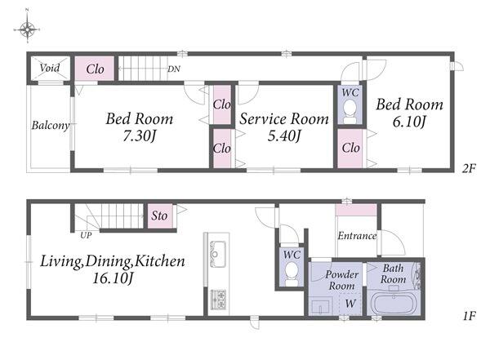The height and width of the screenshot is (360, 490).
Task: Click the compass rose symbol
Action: pos(27,29)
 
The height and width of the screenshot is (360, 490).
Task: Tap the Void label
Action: pos(50,68)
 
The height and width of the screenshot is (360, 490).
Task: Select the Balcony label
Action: pos(51,126)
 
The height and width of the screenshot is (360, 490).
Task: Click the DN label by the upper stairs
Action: pos(174,69)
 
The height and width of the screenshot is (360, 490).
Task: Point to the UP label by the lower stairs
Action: pos(86,235)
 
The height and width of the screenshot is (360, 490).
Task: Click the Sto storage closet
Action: pos(160,216)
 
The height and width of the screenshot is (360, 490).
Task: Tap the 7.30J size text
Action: pos(140,136)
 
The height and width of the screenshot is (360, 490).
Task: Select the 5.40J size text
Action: pos(284,136)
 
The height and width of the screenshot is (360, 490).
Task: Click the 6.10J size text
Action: pos(409,122)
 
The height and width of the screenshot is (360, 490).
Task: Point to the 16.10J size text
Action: pos(114,278)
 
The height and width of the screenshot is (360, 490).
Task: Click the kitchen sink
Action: pos(218,254)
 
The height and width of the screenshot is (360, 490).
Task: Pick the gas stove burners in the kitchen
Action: pos(218,300)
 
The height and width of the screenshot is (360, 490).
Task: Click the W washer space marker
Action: pos(350,303)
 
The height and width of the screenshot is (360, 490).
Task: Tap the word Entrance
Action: pos(357,236)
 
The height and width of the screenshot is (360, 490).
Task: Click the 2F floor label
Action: pos(469,169)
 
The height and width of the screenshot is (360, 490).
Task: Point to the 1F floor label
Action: pos(469,316)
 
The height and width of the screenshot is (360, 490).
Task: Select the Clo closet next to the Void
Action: pos(95,69)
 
